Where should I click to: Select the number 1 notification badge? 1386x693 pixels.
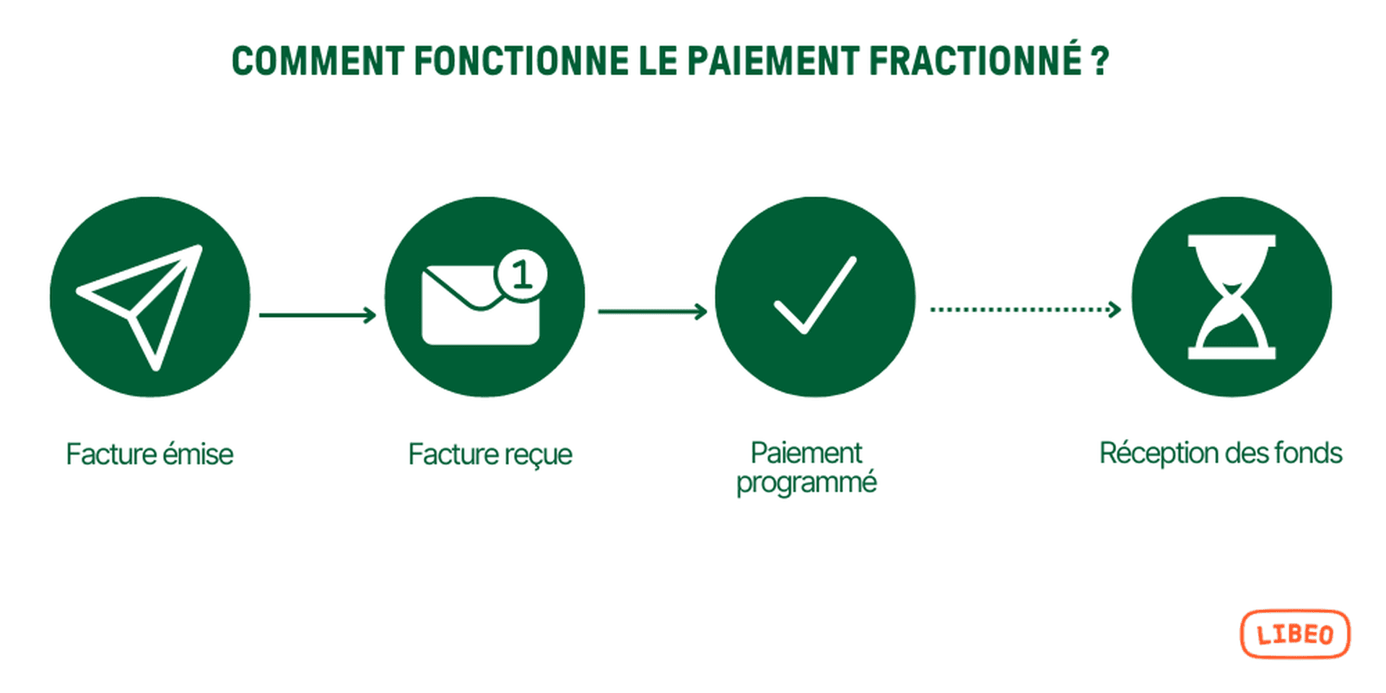521,275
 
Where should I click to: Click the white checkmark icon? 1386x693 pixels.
815,296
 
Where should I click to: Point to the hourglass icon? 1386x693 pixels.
1232,297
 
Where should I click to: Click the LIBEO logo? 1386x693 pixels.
1295,635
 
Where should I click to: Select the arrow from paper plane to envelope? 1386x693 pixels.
318,315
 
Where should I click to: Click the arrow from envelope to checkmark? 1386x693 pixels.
652,311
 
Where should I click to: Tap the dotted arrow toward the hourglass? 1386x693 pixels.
1025,309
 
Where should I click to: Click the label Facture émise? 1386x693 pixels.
149,455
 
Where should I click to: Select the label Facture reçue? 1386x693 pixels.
490,455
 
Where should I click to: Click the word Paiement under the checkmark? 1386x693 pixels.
806,453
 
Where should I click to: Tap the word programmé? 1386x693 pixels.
806,483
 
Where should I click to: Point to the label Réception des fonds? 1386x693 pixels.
1221,453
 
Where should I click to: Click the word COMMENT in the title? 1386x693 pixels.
318,61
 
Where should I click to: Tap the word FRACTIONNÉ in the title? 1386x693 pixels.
975,61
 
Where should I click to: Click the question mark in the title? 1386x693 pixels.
1100,61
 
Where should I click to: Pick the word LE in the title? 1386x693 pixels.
658,61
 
